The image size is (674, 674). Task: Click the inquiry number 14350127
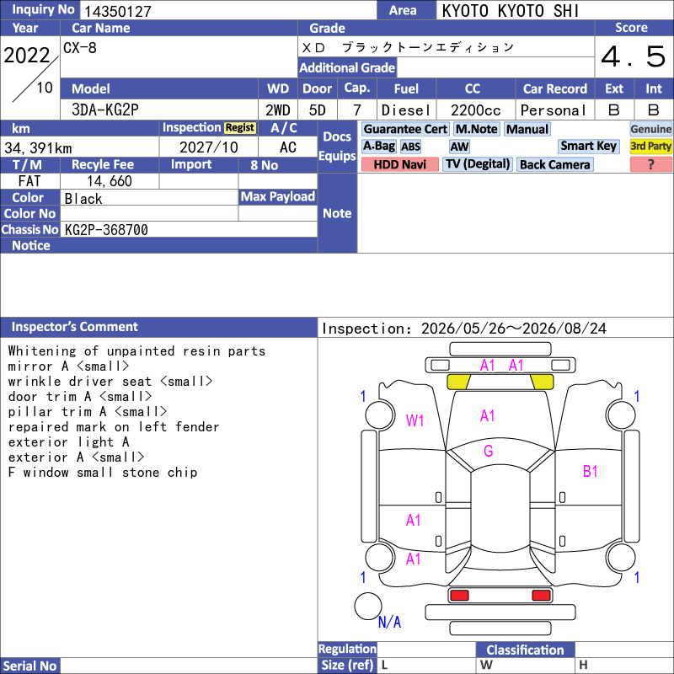pos(118,12)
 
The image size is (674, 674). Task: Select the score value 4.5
pos(634,56)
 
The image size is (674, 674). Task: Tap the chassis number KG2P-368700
pos(106,230)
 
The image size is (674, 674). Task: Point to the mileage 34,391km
pos(38,148)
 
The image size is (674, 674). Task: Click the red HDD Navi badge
pos(399,164)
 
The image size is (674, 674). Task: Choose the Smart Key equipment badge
pos(588,146)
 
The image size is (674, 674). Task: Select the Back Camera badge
pos(555,164)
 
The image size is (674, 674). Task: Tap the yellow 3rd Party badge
pos(650,146)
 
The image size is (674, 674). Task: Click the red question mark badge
pos(650,164)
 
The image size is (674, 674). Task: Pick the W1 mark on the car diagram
pos(415,420)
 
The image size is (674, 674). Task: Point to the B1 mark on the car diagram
pos(591,472)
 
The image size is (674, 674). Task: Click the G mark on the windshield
pos(489,451)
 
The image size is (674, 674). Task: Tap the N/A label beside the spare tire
pos(389,622)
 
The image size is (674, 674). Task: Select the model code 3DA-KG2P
pos(105,110)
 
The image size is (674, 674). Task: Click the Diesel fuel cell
pos(406,110)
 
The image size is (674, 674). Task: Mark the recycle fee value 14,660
pos(110,181)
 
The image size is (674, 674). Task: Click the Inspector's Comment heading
pos(75,327)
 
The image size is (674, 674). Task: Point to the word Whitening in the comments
pos(42,351)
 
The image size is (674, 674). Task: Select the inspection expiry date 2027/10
pos(208,147)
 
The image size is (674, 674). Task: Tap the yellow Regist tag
pos(240,128)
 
